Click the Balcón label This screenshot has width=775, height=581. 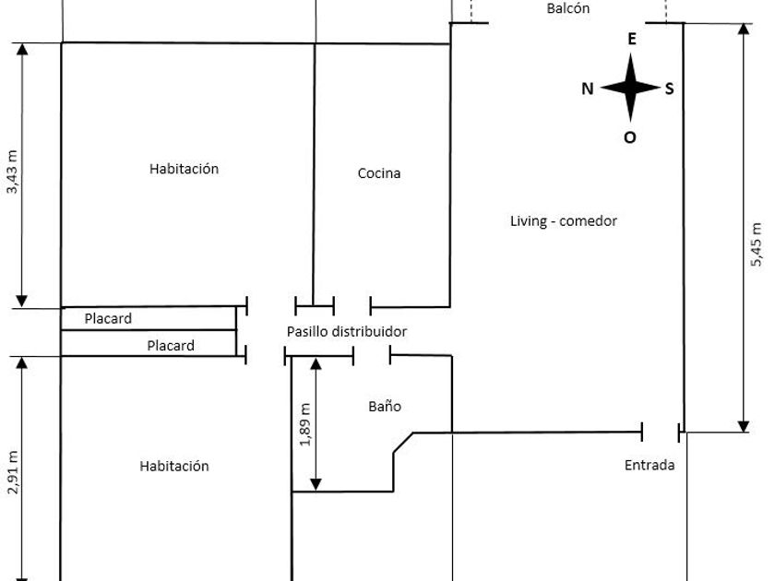tap(568, 8)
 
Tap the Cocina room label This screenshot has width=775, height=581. tap(379, 173)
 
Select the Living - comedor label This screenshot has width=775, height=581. tap(563, 221)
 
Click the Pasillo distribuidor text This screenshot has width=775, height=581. tap(346, 331)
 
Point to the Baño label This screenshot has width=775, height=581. tap(385, 406)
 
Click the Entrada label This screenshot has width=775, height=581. tap(650, 465)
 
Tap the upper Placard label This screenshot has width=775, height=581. tap(108, 319)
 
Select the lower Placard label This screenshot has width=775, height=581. tap(171, 346)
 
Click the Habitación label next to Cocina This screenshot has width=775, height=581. tap(184, 169)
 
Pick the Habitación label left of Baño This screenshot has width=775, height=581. tap(174, 466)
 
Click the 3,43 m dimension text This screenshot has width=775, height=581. tap(12, 172)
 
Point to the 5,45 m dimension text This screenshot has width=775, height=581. tap(757, 244)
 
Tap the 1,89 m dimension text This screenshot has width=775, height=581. tap(305, 424)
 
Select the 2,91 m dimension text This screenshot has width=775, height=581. tap(12, 472)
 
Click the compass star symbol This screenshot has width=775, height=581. tap(632, 88)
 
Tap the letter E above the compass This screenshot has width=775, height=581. tap(632, 39)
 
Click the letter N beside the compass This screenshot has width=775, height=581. tap(587, 89)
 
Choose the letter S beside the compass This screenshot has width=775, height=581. tap(670, 89)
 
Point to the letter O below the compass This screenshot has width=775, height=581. tap(631, 137)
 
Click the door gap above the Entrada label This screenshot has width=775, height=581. tap(661, 431)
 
